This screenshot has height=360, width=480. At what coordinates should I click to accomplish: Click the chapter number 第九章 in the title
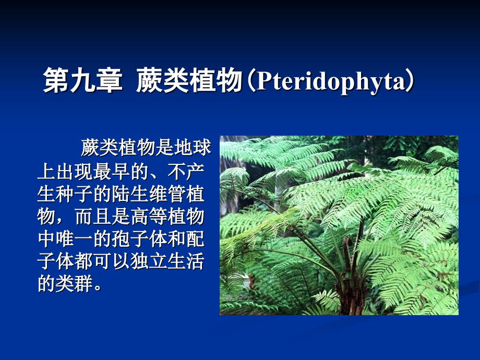pos(83,80)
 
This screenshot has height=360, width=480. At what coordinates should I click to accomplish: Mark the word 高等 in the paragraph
pos(149,216)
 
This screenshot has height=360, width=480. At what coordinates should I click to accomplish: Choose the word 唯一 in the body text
pos(74,239)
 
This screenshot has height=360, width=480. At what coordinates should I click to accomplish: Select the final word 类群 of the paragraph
pos(74,283)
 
